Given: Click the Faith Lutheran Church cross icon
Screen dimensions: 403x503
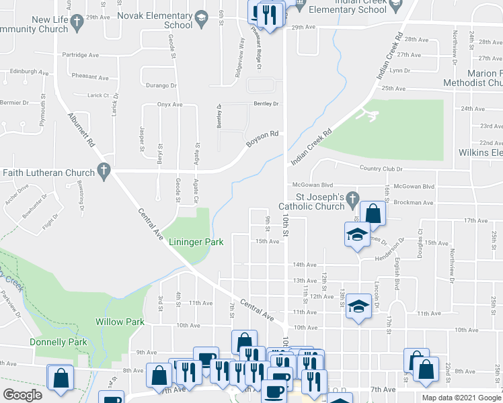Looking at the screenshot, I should (x=104, y=173).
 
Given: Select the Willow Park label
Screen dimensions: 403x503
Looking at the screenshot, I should (x=120, y=322).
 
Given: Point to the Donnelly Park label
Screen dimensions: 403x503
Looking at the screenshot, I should (x=59, y=342).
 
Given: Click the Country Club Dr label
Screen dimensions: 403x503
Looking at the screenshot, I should (x=381, y=169).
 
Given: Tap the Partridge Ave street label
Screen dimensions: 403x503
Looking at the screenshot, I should (x=80, y=55).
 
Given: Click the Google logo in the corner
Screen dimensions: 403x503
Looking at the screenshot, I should (x=22, y=395).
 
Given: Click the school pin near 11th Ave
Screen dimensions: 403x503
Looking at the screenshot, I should (x=359, y=306).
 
